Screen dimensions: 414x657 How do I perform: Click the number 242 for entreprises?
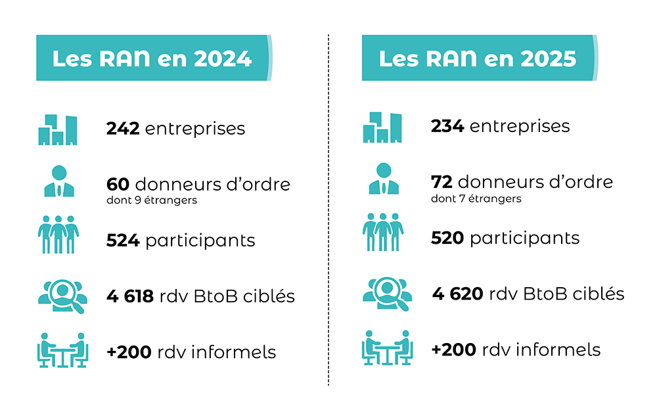123,128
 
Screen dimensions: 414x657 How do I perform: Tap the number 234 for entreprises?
447,126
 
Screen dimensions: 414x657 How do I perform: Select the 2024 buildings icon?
58,130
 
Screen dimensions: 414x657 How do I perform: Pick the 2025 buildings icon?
382,127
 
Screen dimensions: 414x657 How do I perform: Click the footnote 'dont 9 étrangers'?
152,200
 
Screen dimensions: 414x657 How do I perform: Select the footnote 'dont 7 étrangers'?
476,198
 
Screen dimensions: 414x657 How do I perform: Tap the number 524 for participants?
123,241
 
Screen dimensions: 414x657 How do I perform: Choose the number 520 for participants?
447,238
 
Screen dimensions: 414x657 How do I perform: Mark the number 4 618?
130,296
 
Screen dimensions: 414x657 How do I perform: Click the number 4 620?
458,294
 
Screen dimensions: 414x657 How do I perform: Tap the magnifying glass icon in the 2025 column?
387,293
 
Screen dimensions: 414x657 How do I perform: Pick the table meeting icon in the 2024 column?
61,350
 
